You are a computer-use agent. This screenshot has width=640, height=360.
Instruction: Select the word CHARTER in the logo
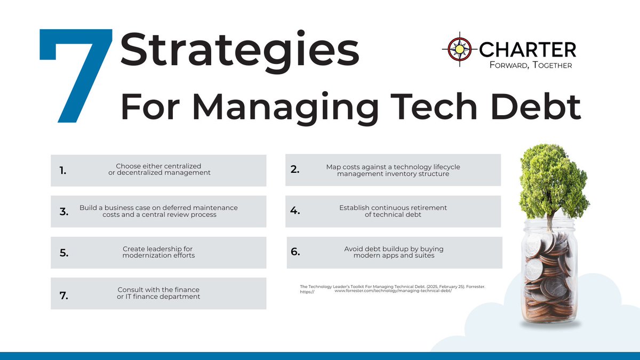click(x=527, y=50)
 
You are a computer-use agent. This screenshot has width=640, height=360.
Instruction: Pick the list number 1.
click(x=64, y=171)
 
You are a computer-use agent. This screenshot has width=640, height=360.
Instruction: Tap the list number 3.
click(x=64, y=212)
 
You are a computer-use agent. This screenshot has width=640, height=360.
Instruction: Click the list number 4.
click(x=295, y=211)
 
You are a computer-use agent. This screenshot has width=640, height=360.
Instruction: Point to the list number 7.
click(x=64, y=294)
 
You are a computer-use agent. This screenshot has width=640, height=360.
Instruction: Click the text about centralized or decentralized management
click(x=158, y=170)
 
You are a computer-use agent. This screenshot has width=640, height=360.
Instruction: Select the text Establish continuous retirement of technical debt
click(x=393, y=211)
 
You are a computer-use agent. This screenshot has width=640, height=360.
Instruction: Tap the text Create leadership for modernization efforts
click(x=158, y=252)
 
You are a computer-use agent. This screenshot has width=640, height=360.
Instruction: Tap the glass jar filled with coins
click(x=549, y=277)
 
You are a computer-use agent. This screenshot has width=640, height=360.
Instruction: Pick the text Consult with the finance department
click(x=158, y=293)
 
